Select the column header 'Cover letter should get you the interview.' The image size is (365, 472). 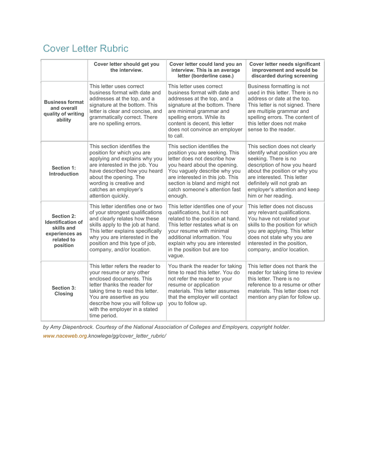[126, 67]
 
